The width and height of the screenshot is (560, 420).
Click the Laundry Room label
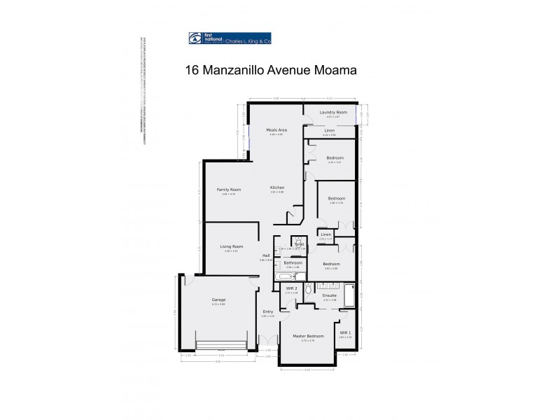pyautogui.click(x=333, y=112)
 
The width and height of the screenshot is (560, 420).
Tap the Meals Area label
pyautogui.click(x=276, y=129)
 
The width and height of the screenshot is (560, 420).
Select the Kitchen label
pyautogui.click(x=277, y=188)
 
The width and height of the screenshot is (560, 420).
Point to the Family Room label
pyautogui.click(x=228, y=190)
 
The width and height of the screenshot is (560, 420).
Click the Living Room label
pyautogui.click(x=231, y=246)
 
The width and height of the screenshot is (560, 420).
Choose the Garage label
pyautogui.click(x=218, y=300)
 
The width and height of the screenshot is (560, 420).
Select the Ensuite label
pyautogui.click(x=330, y=295)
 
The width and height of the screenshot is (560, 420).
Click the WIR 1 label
pyautogui.click(x=344, y=332)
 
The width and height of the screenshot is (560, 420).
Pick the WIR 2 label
pyautogui.click(x=292, y=288)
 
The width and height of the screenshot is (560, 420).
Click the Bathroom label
pyautogui.click(x=293, y=262)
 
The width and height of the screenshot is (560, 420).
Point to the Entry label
pyautogui.click(x=268, y=311)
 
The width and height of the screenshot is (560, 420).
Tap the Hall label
pyautogui.click(x=267, y=255)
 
